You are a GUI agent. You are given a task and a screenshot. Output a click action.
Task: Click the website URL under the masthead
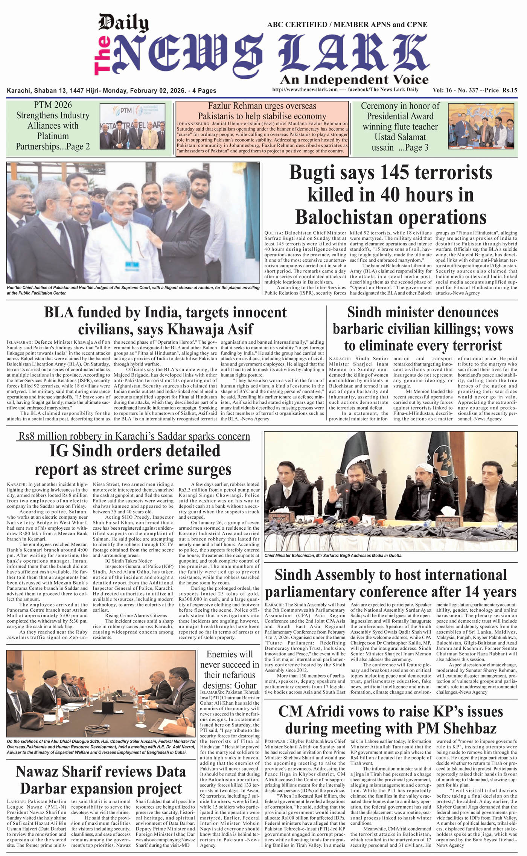(305, 90)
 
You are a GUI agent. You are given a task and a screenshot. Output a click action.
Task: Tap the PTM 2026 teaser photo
(133, 126)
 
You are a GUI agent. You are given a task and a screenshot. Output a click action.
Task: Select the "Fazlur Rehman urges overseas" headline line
(262, 106)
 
